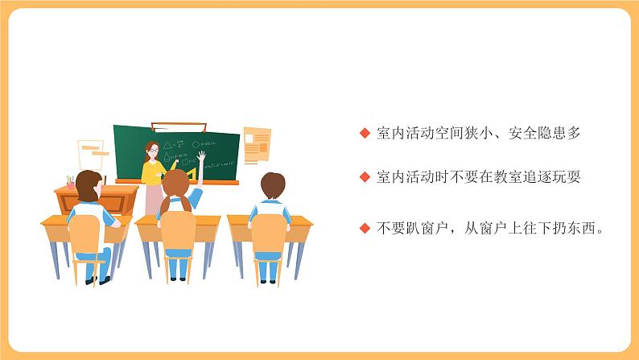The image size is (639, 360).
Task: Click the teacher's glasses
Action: (x=151, y=150)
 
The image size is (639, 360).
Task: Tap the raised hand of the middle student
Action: (x=201, y=155)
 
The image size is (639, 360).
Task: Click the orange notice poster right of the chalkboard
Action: (x=257, y=146)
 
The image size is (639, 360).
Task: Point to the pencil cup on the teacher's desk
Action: (x=72, y=182)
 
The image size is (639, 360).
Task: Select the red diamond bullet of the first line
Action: (x=365, y=134)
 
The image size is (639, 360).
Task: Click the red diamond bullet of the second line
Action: (x=365, y=176)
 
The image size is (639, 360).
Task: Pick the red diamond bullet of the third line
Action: (x=365, y=228)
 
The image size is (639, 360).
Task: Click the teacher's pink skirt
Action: (x=152, y=198)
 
